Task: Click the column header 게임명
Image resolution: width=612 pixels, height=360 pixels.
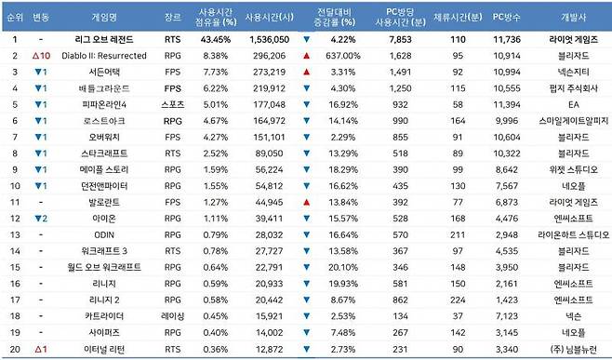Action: (106, 18)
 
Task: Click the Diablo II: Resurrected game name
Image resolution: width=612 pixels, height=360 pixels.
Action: (104, 56)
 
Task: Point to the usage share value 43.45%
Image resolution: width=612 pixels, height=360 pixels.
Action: (216, 40)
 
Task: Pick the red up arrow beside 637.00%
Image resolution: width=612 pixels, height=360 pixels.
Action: (306, 56)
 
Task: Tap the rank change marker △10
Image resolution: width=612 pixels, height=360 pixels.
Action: (41, 56)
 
